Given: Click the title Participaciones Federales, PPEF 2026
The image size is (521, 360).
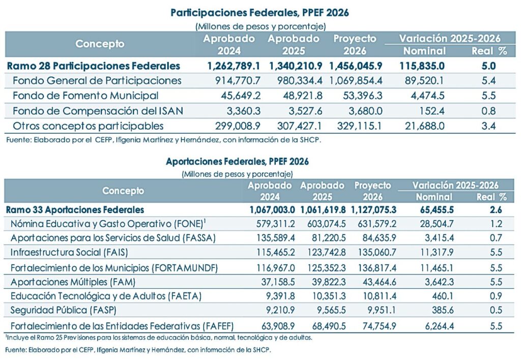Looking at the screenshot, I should pos(260,13).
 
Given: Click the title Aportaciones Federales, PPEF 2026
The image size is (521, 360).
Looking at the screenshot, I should pos(237,161).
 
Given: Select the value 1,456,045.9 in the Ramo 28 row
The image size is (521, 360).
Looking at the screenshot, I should pos(356,66).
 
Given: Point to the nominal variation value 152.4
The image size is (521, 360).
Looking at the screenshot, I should pos(433,110).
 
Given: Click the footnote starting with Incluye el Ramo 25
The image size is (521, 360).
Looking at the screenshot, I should pos(159,337).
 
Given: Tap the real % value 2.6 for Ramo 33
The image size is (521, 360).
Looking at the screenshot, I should pos(491,209).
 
